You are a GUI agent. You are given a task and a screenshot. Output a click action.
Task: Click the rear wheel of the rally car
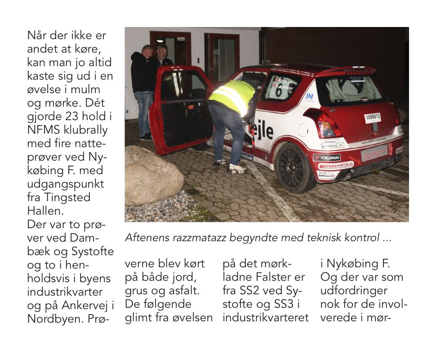pos(296,167)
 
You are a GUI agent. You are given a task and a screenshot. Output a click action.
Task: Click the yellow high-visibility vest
pos(232,96)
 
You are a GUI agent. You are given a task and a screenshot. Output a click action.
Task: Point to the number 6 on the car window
pos(279,91)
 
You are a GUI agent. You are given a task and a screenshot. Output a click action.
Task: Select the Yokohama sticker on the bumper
pos(327,157)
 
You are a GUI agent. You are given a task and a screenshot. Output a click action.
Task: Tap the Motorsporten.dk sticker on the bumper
pos(335,166)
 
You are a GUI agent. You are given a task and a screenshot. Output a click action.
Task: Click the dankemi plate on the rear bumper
pos(374,153)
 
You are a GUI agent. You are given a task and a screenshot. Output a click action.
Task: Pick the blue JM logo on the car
pos(309,96)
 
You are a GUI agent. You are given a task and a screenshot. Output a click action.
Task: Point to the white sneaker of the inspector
pos(237,169)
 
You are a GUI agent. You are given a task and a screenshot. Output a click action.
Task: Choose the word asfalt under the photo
pos(191,290)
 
